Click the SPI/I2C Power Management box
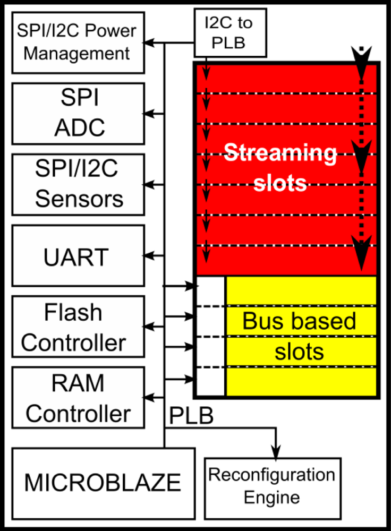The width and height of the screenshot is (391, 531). (x=78, y=42)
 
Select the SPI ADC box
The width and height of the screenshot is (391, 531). (x=78, y=113)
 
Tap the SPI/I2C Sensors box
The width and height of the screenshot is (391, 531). (x=78, y=184)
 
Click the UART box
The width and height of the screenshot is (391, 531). (x=78, y=256)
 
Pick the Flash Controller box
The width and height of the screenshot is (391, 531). (x=78, y=327)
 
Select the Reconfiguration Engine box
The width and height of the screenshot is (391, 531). (x=271, y=486)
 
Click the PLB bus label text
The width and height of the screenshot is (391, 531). (x=191, y=416)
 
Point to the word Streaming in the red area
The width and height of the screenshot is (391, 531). (x=280, y=154)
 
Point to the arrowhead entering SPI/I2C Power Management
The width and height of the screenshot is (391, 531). (x=150, y=42)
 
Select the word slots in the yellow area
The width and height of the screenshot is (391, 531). (x=299, y=352)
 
